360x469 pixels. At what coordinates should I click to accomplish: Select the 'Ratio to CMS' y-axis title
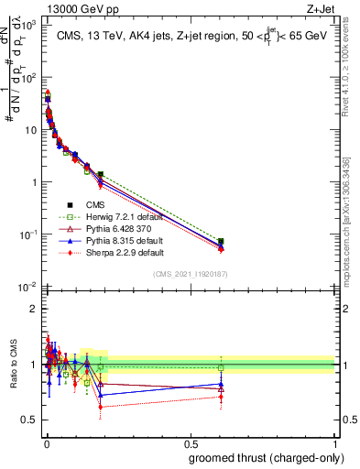[14, 365]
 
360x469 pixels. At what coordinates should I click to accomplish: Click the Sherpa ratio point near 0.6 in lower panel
[221, 397]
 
